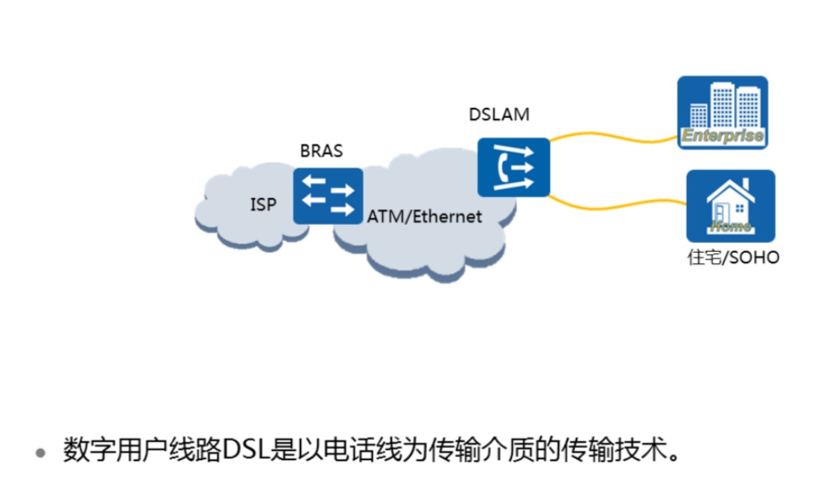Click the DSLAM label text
pos(498,114)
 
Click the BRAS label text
pos(321,151)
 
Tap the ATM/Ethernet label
pos(424,217)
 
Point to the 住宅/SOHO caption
pos(733,258)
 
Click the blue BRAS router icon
pos(328,196)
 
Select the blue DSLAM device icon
pos(514,167)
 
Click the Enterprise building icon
pos(723,113)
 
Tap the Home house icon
pos(730,205)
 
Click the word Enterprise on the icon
pos(723,136)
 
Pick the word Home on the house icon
pos(730,226)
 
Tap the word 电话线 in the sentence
pos(363,451)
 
